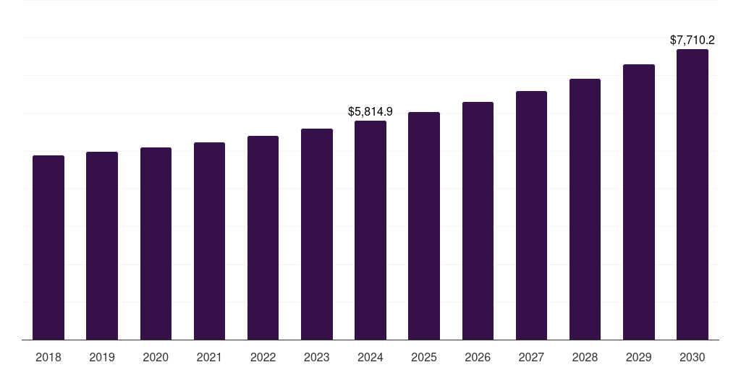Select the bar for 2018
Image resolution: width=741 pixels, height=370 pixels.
[x=48, y=247]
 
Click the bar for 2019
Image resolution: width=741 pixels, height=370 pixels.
[x=102, y=246]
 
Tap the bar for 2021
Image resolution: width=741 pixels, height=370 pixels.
[x=209, y=241]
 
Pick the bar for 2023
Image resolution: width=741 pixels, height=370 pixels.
[x=317, y=234]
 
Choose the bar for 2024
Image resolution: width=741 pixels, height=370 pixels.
[x=370, y=230]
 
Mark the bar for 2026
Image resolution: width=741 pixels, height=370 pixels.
[x=478, y=220]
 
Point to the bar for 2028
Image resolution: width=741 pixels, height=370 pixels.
[x=585, y=209]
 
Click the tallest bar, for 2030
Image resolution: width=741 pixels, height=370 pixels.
[x=693, y=194]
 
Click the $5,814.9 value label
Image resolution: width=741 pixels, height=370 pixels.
[x=370, y=111]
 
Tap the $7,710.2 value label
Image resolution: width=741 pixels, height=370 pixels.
[x=693, y=40]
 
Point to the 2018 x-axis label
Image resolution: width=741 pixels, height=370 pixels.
[x=48, y=357]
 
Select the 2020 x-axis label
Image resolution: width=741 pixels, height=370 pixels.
[x=156, y=357]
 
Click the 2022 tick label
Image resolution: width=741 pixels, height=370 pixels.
[x=263, y=357]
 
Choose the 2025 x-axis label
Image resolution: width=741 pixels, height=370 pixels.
[x=424, y=357]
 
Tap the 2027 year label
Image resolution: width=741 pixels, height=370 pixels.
[x=531, y=357]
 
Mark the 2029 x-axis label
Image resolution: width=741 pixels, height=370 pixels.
[x=639, y=357]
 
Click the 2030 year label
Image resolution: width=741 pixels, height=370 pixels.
[x=693, y=357]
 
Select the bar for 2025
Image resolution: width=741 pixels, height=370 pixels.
[x=424, y=225]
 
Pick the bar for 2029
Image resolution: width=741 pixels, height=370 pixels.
[x=639, y=202]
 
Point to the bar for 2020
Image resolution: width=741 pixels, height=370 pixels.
[x=156, y=244]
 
